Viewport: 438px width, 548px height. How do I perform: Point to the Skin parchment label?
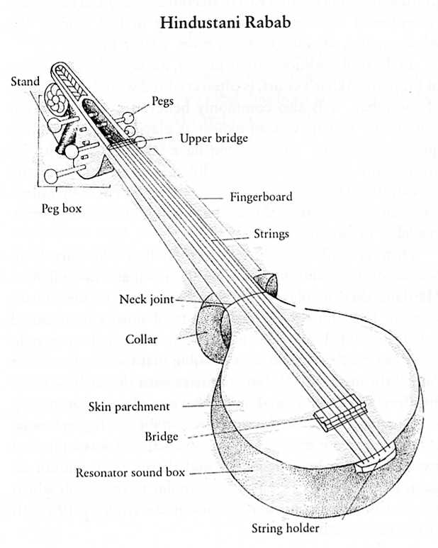[130, 407]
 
